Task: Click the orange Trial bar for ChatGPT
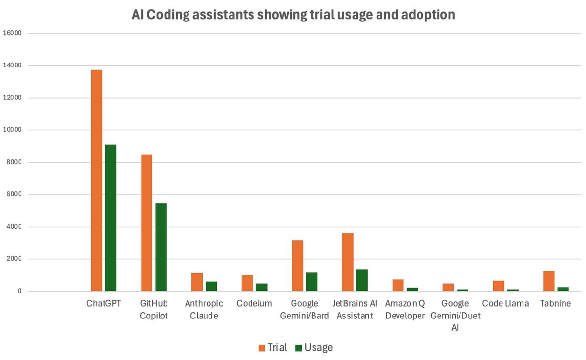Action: [x=96, y=180]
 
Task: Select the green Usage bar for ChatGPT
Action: [x=111, y=218]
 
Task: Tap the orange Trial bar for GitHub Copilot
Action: [x=146, y=223]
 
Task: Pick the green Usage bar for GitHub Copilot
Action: [x=161, y=247]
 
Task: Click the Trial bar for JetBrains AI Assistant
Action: [x=347, y=262]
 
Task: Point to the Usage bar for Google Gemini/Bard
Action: [x=312, y=281]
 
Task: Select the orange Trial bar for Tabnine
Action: [x=548, y=281]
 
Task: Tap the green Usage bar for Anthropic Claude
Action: [x=211, y=286]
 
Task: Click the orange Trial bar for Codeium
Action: [x=247, y=283]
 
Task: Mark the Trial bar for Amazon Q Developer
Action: [x=398, y=285]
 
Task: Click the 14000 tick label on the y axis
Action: [x=12, y=65]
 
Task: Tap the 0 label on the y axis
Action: [x=19, y=291]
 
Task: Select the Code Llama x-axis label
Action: [x=505, y=303]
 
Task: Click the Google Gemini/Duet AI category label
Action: [x=455, y=315]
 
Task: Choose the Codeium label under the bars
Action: [x=254, y=303]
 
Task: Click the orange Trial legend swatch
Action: [x=262, y=348]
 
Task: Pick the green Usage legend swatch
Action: [x=299, y=348]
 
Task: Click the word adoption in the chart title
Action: [x=428, y=15]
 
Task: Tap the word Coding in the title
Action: [x=167, y=15]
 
